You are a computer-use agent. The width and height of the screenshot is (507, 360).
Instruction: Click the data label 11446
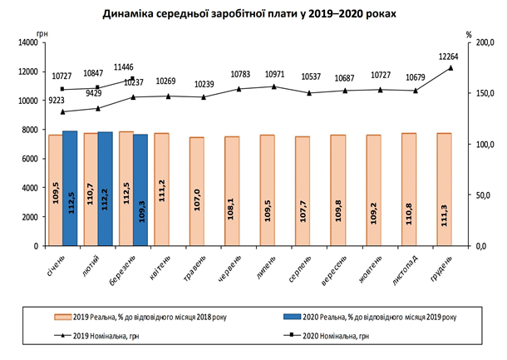(125, 65)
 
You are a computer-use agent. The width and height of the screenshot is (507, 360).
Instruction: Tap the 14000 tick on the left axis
(27, 42)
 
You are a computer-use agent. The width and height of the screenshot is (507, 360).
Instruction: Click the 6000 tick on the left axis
(30, 159)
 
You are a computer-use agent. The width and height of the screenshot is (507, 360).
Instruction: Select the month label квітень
(160, 268)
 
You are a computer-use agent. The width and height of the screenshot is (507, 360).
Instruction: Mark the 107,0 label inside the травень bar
(197, 203)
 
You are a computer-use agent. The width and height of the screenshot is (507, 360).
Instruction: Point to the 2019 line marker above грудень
(450, 67)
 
